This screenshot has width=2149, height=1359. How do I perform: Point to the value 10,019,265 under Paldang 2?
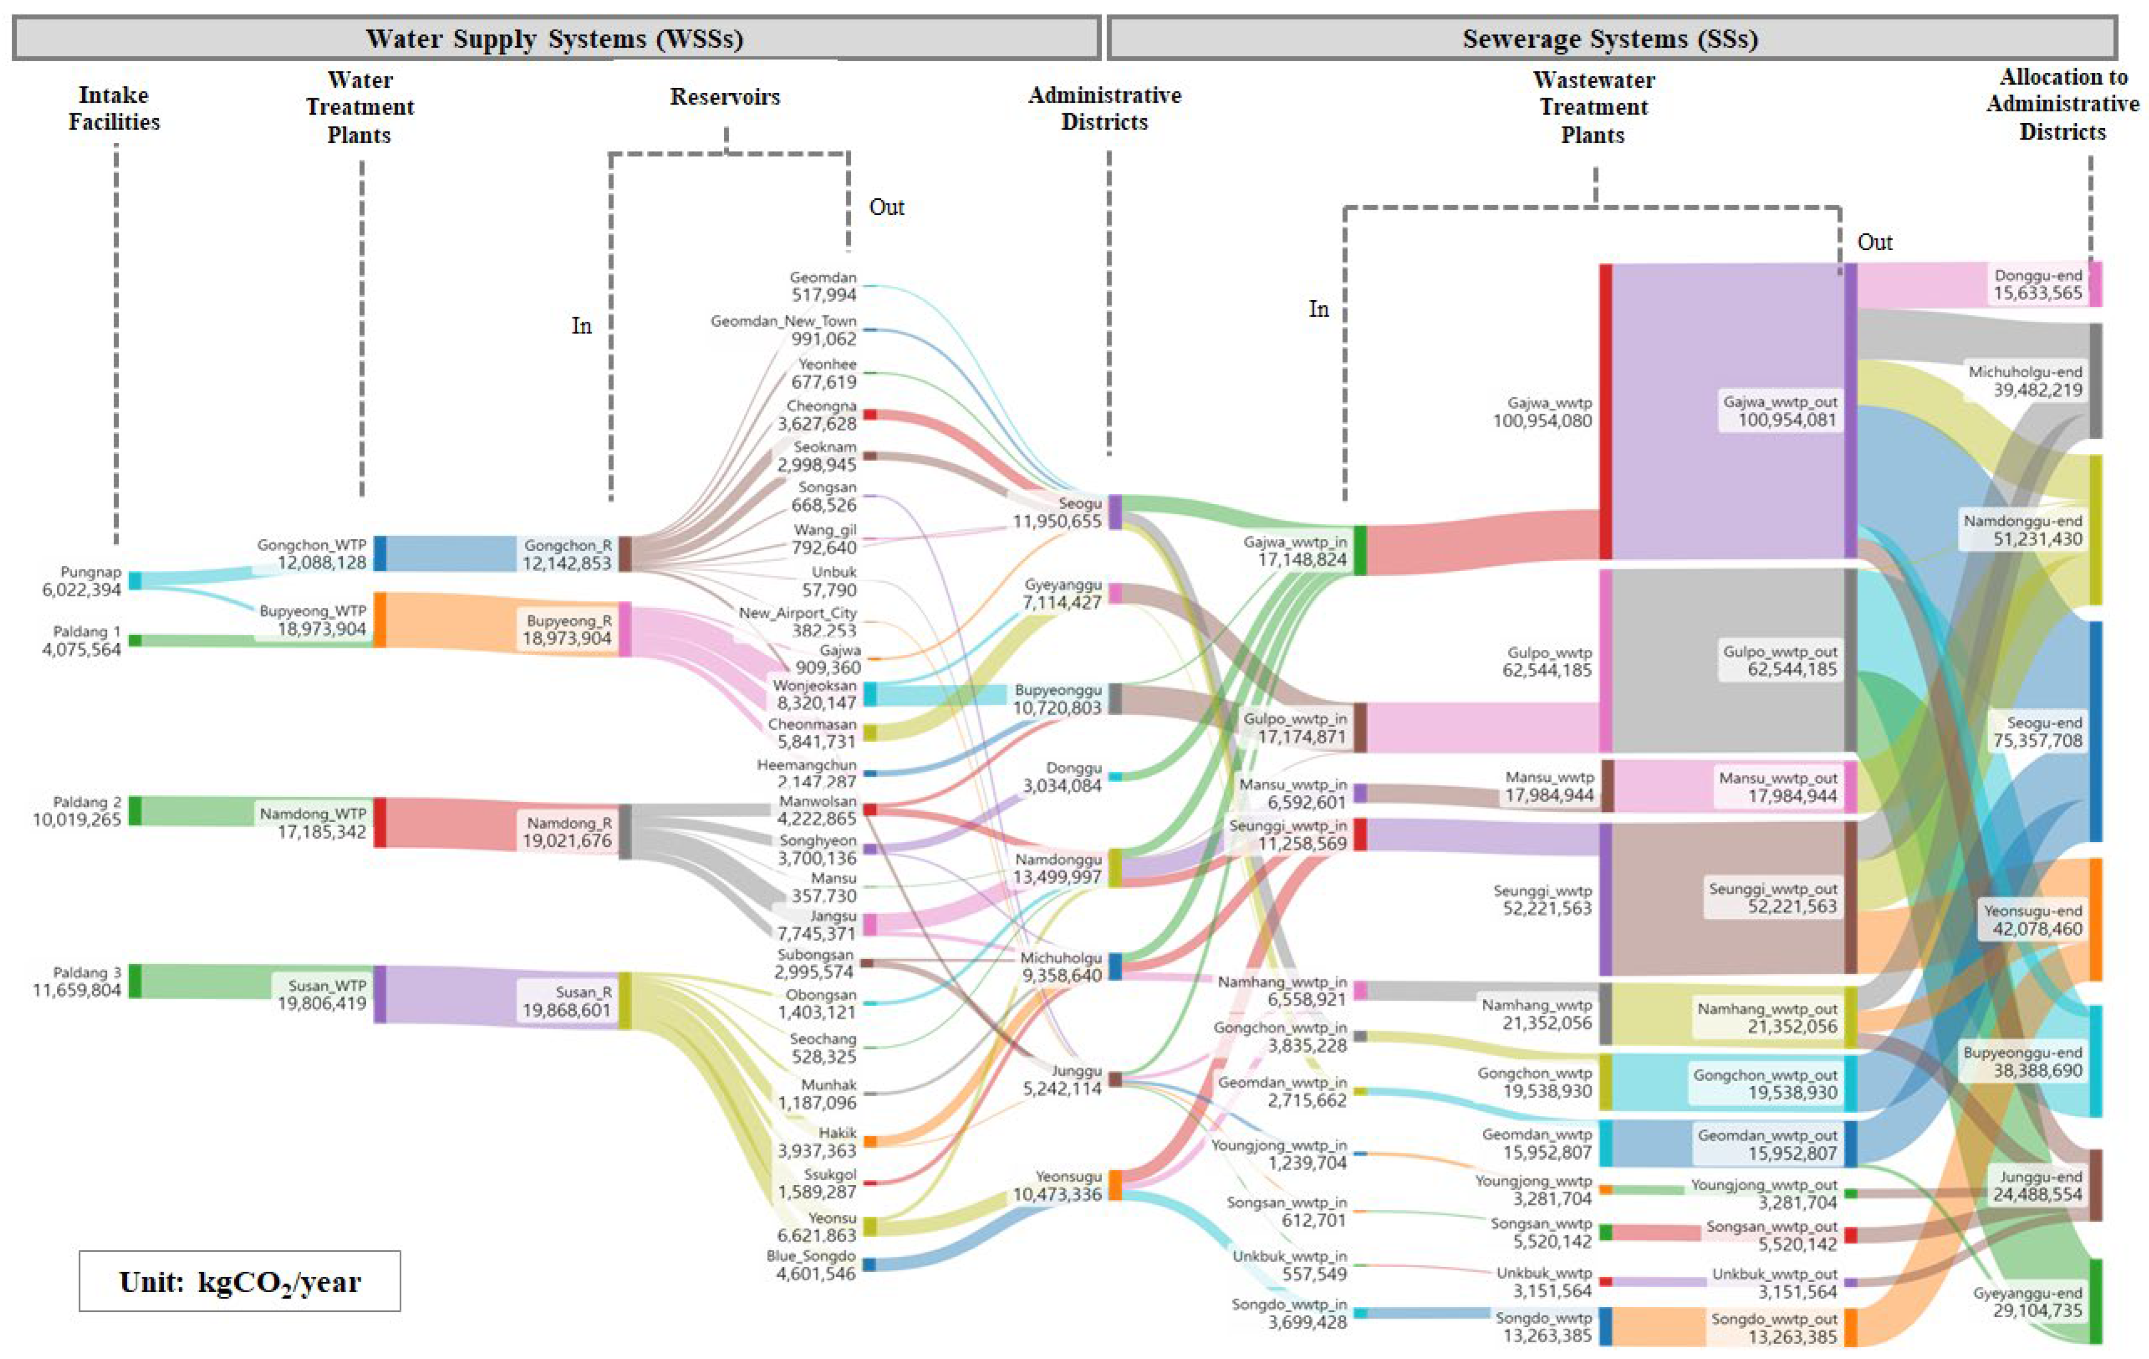(77, 819)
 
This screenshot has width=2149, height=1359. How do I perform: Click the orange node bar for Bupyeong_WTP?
(379, 619)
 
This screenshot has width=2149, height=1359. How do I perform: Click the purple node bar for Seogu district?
(1115, 512)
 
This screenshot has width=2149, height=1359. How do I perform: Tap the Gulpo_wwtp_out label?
(1780, 651)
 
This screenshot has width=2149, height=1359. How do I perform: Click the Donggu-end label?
(2038, 275)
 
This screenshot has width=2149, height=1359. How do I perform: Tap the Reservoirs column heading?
(725, 96)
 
